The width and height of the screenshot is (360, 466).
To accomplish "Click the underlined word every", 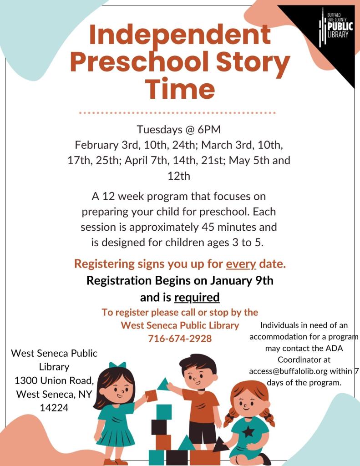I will (x=241, y=264).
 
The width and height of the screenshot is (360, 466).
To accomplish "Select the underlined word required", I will (x=197, y=298).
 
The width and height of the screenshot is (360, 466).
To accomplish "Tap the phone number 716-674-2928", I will (x=180, y=339).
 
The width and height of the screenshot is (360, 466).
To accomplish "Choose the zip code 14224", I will (x=54, y=408).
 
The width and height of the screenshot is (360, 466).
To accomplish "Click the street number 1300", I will (x=27, y=380).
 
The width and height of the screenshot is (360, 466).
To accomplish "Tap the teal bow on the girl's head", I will (x=117, y=365).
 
